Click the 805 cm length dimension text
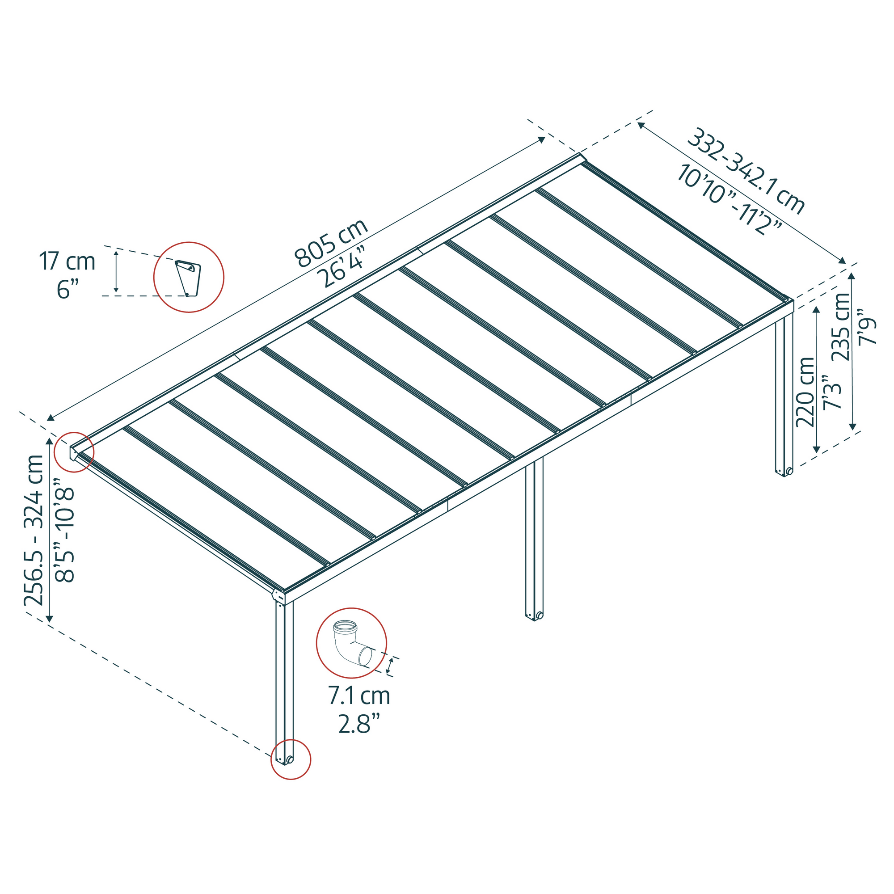pos(331,243)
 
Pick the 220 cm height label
pos(805,392)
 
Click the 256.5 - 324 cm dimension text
pos(34,530)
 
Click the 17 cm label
pos(67,261)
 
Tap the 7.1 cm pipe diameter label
pos(359,696)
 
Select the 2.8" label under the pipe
pos(359,723)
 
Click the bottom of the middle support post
pos(534,615)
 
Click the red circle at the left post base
pos(291,759)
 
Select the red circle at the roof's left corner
pos(74,452)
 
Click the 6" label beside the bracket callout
pos(67,290)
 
